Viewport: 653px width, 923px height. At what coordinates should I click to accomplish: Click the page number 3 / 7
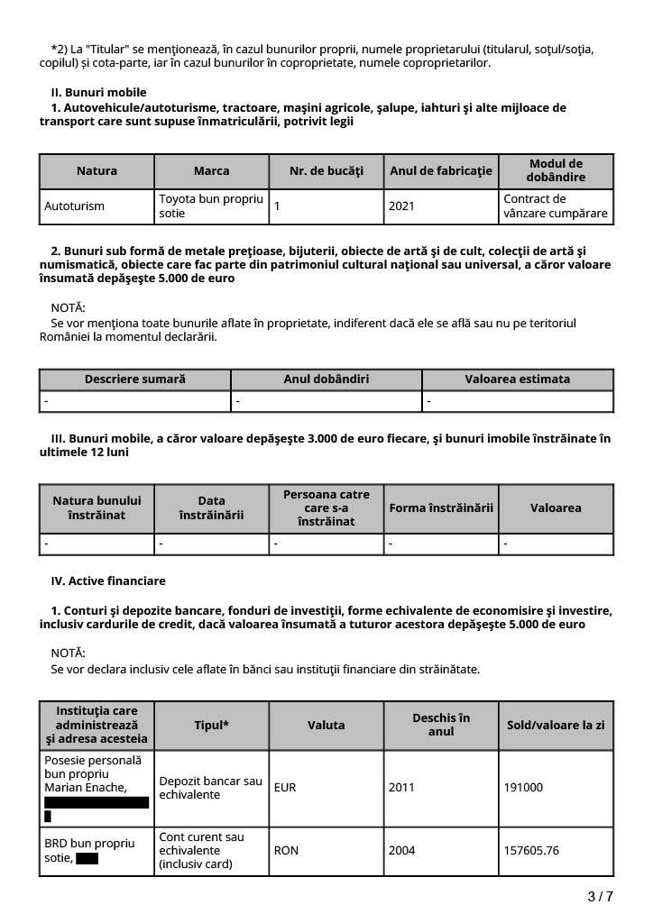click(x=600, y=896)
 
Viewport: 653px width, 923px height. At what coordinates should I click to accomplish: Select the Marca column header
click(x=211, y=170)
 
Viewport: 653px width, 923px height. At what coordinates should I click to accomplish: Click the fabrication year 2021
click(x=401, y=206)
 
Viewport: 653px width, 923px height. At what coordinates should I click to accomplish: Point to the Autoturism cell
click(x=74, y=206)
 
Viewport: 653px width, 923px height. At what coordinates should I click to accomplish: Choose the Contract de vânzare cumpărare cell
click(x=555, y=206)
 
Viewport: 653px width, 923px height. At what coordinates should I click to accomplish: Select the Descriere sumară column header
click(x=134, y=379)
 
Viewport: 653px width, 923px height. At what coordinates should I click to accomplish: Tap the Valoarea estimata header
click(x=517, y=379)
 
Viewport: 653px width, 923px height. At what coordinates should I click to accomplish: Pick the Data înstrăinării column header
click(x=211, y=508)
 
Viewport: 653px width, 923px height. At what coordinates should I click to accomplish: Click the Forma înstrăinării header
click(x=441, y=508)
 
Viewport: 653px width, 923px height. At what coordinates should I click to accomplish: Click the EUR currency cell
click(x=285, y=788)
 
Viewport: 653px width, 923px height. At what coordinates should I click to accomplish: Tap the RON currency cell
click(x=286, y=850)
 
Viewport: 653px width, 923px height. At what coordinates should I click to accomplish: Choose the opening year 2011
click(x=401, y=788)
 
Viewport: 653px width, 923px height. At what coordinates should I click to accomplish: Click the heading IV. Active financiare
click(x=108, y=581)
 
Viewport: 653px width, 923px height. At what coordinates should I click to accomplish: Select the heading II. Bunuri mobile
click(x=98, y=93)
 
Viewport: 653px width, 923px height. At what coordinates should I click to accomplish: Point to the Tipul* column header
click(x=211, y=725)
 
